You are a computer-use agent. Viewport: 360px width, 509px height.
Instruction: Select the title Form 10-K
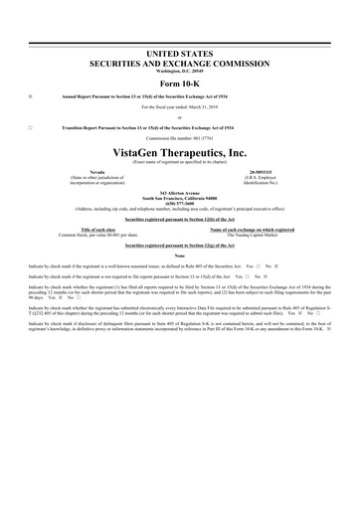pos(179,82)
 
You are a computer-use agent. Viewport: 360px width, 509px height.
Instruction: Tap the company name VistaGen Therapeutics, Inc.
pos(179,152)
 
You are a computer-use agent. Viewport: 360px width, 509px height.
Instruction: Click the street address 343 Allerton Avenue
pos(179,192)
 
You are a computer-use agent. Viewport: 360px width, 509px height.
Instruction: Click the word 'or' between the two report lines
pos(179,117)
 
